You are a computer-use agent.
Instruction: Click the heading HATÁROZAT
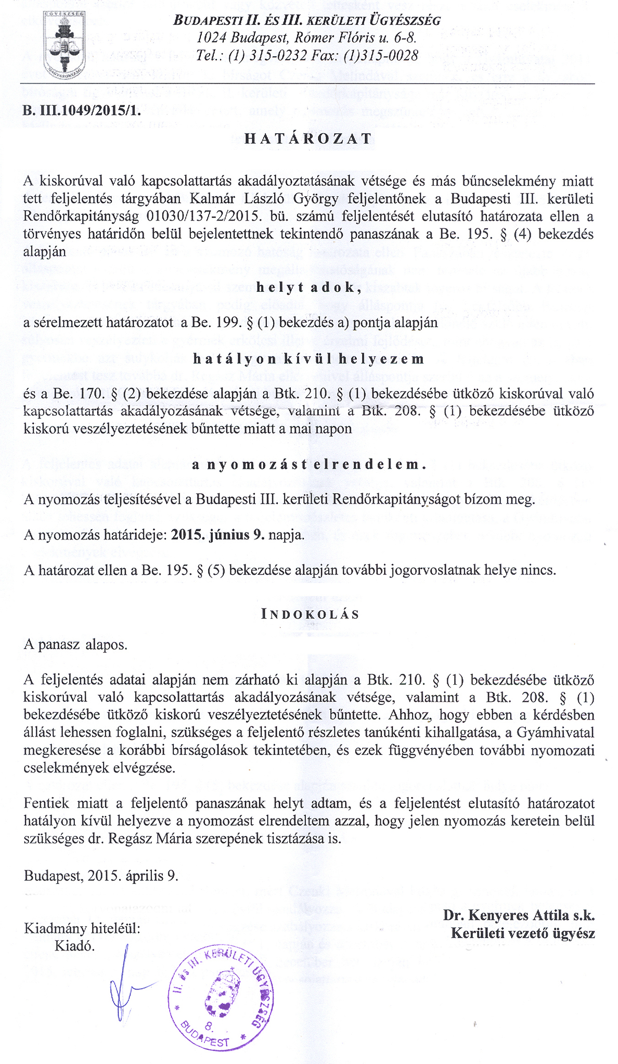(308, 139)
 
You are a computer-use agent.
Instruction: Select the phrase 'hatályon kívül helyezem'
(308, 359)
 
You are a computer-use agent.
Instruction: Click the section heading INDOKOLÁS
(310, 614)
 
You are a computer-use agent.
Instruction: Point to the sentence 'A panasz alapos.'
(75, 645)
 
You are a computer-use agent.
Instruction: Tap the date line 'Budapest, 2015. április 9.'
(101, 876)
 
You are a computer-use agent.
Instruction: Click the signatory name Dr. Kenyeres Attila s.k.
(519, 915)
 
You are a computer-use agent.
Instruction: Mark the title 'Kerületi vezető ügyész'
(523, 933)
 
